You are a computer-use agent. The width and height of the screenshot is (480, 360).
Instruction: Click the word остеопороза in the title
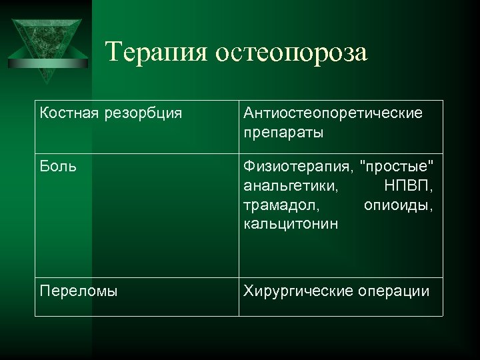point(291,52)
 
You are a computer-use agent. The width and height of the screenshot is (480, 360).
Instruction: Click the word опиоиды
point(398,205)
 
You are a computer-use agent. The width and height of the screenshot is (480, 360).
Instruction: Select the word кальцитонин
point(291,224)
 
